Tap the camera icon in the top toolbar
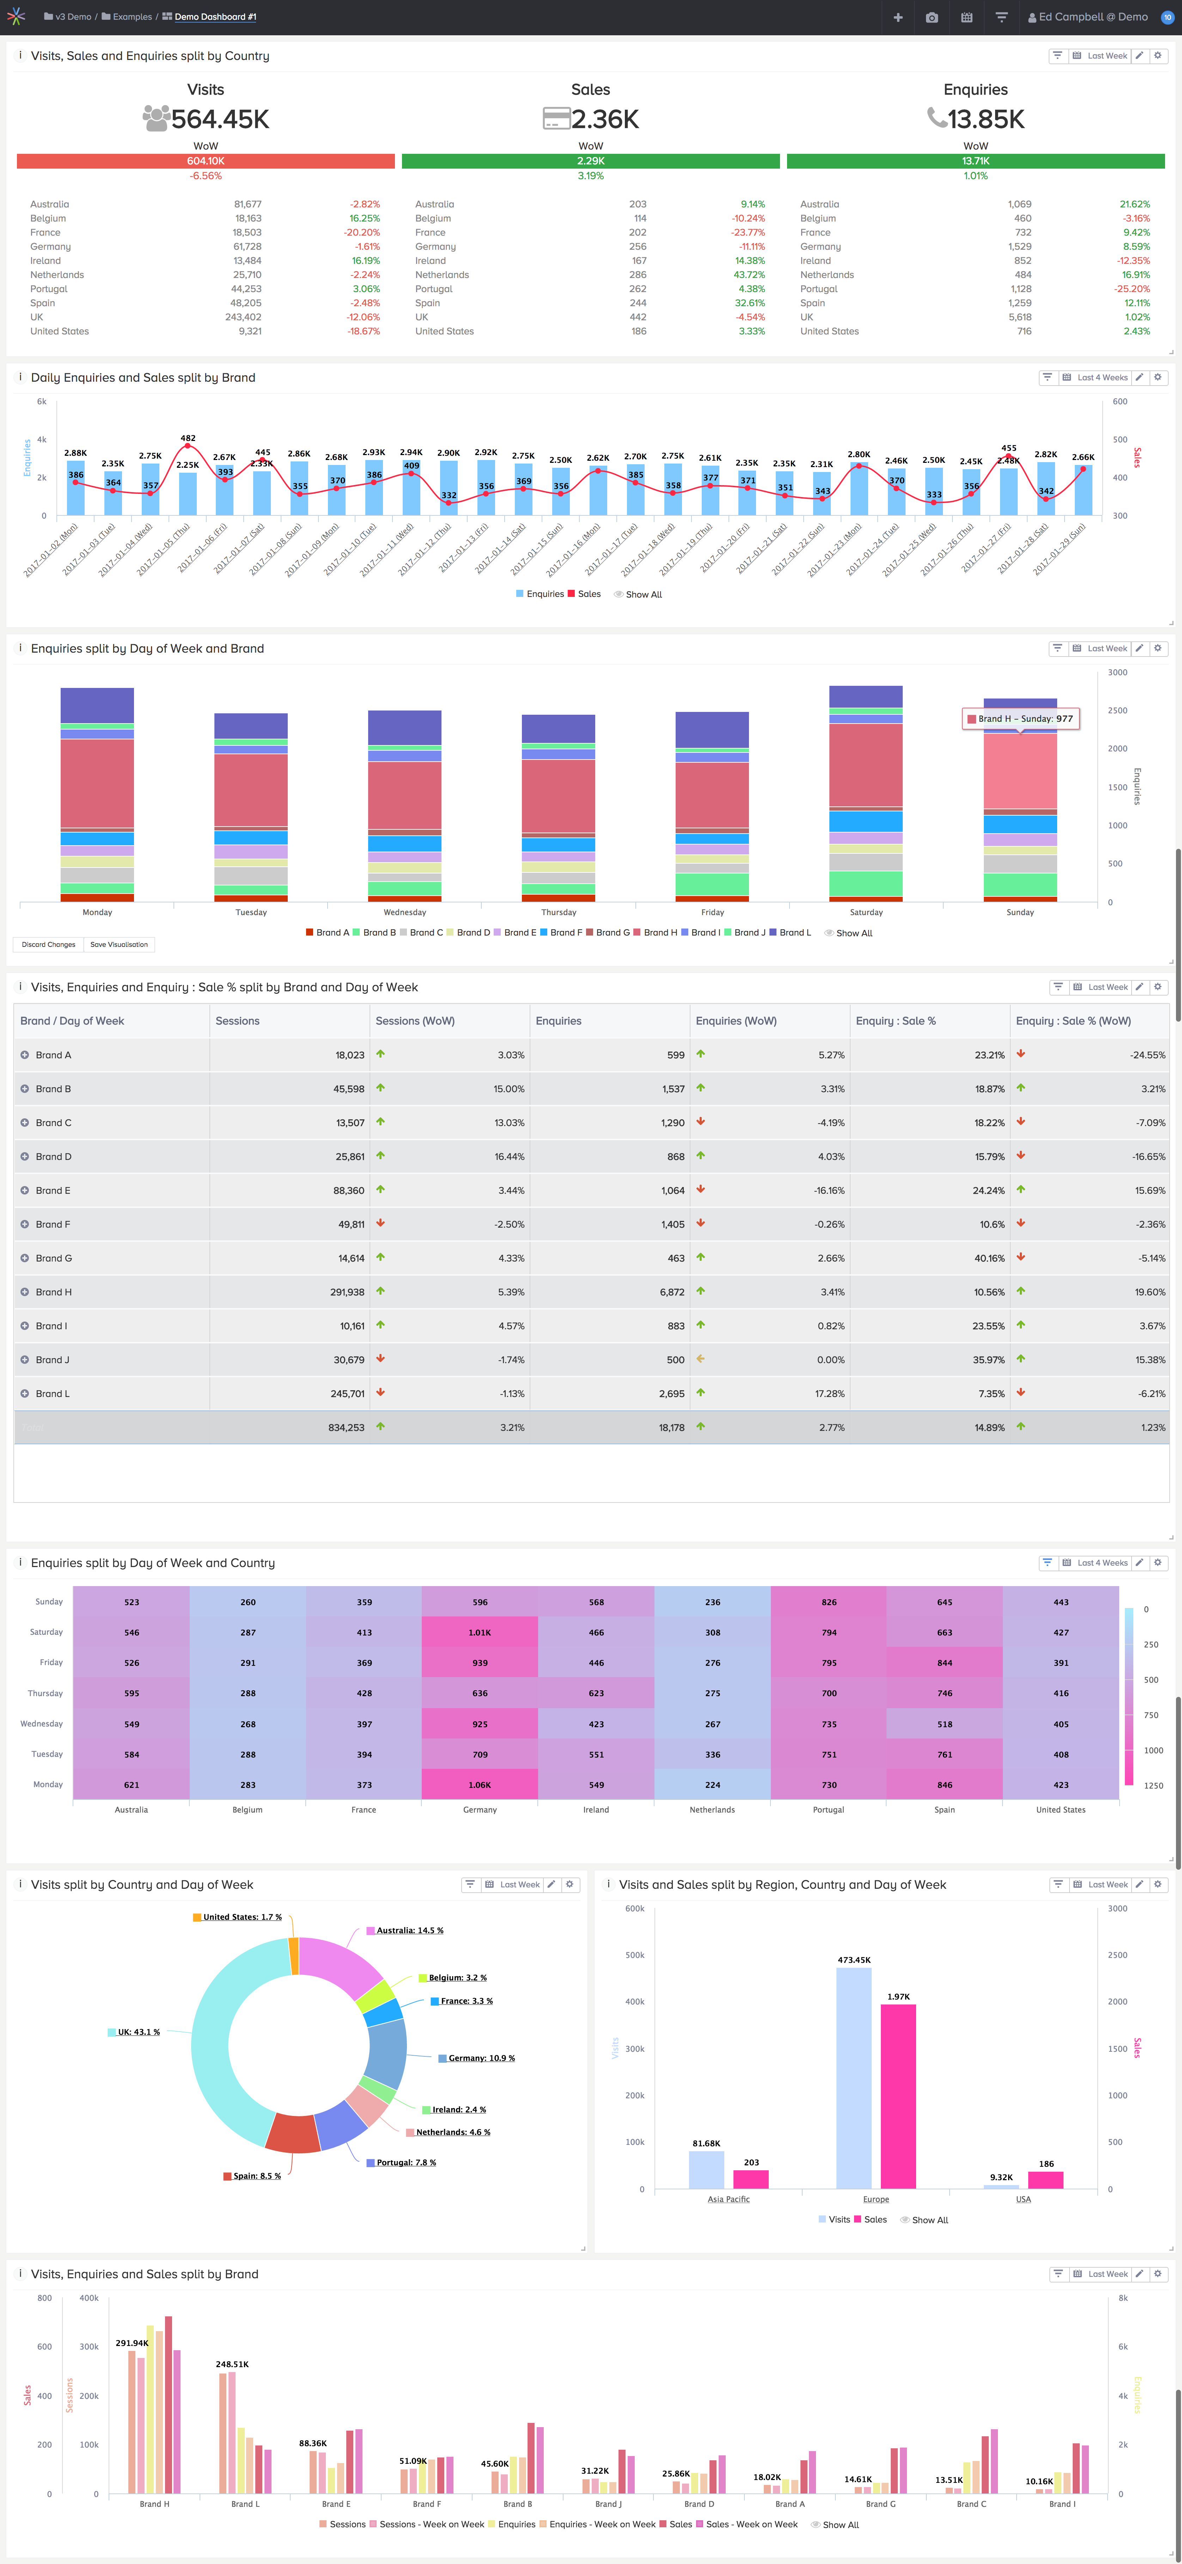(x=931, y=17)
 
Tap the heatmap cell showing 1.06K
(x=480, y=1785)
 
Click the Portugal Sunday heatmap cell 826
(x=829, y=1602)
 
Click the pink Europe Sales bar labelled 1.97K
(x=898, y=2095)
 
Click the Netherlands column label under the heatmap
(x=712, y=1809)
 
